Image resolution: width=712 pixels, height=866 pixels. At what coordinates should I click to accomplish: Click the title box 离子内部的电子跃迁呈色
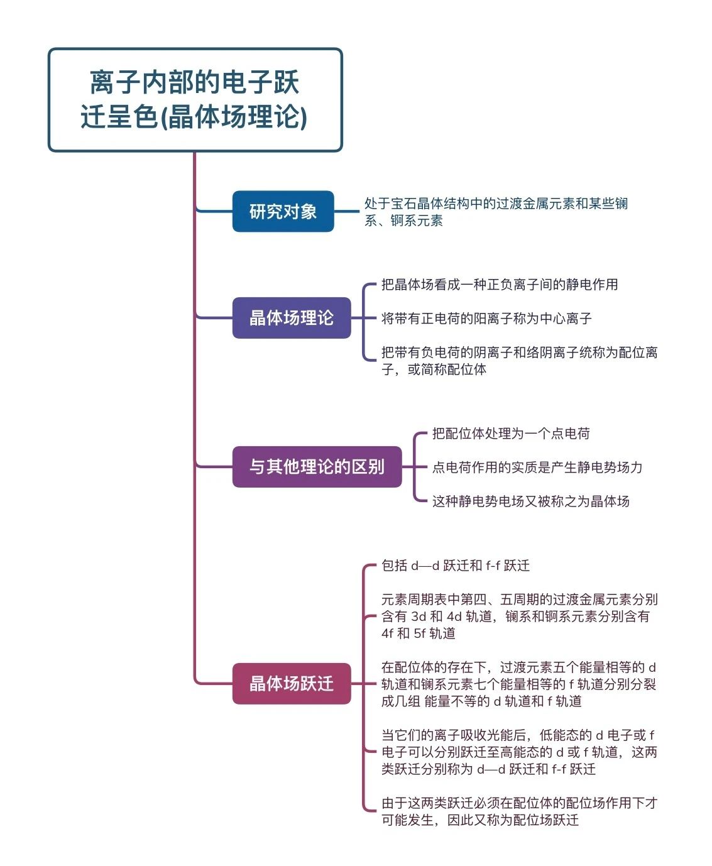[x=195, y=100]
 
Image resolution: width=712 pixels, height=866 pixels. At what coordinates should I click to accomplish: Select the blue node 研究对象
[x=283, y=211]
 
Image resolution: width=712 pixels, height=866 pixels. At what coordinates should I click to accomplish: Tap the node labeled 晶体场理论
[x=292, y=318]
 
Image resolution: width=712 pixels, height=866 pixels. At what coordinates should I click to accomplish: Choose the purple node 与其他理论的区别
[x=317, y=467]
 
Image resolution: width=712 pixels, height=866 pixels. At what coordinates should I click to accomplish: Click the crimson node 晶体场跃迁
[x=292, y=684]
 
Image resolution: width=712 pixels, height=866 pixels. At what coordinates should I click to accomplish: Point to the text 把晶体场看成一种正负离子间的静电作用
[x=500, y=284]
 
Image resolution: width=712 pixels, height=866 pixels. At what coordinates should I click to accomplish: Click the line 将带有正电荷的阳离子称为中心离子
[x=486, y=318]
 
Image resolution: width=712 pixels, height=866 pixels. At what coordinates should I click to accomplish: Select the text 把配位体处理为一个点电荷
[x=511, y=433]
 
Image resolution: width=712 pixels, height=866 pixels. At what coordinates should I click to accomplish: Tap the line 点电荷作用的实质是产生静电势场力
[x=537, y=468]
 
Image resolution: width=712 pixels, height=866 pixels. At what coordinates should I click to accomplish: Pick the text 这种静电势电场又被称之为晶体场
[x=531, y=501]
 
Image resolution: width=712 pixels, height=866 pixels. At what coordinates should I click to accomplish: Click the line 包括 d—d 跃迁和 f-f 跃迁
[x=456, y=566]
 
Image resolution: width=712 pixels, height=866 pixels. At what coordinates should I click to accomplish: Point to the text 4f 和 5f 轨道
[x=419, y=633]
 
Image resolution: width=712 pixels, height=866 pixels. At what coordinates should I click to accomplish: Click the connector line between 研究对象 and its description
[x=346, y=211]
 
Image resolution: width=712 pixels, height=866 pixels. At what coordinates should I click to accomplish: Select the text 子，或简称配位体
[x=434, y=369]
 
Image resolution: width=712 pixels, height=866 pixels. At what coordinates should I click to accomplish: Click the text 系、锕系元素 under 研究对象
[x=403, y=221]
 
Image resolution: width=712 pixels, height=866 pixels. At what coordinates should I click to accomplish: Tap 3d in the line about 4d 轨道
[x=419, y=617]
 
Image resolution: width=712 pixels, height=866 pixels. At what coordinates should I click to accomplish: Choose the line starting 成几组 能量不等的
[x=481, y=701]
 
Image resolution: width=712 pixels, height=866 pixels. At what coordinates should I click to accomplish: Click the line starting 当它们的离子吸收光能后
[x=518, y=735]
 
